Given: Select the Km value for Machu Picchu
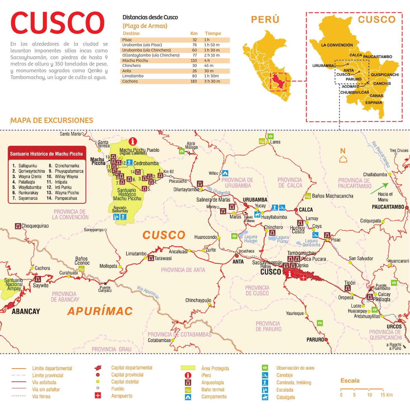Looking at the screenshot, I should pos(194,60).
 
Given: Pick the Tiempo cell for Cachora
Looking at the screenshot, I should pos(212,81).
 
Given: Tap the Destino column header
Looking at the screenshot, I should pos(131,33).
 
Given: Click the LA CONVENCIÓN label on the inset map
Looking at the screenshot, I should pos(337,45).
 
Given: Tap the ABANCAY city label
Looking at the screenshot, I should pos(26,311).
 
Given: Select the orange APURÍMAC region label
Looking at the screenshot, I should pos(100,311).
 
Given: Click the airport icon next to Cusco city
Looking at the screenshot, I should pos(303,277).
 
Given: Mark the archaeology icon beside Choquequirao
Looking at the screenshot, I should pos(18,226).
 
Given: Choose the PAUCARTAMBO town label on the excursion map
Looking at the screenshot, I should pos(388,207).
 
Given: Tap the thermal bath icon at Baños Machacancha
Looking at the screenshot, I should pos(308,196).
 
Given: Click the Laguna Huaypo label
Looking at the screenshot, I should pos(251,239).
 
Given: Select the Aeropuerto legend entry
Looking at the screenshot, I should pos(122,396).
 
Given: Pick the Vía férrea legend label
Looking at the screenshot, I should pos(41,396).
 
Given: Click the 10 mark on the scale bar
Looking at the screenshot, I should pos(369,395).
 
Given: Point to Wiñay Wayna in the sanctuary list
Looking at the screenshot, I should pos(66,176).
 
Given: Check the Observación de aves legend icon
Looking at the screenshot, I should pos(265,368).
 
